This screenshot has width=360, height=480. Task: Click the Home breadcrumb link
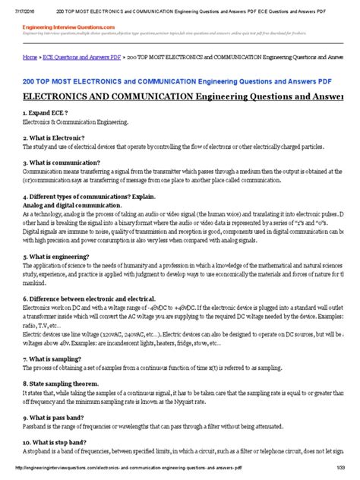pyautogui.click(x=30, y=57)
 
